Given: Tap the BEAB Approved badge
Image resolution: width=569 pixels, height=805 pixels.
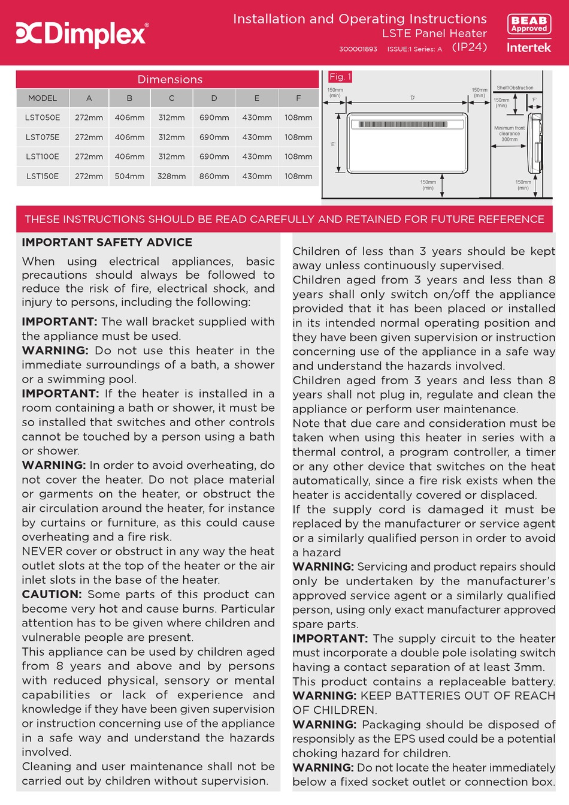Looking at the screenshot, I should pos(529,25).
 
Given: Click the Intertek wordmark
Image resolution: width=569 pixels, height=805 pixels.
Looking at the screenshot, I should pos(528,47).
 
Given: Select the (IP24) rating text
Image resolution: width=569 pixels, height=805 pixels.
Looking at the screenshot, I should pos(469,47).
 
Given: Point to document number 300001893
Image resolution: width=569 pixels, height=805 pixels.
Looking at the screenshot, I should pos(358,49).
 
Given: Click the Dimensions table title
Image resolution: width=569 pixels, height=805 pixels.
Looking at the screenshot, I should pos(170,79).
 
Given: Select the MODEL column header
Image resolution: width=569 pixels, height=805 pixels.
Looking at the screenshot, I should pos(43,98).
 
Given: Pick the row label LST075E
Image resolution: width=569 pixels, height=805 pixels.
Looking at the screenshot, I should pos(43,137).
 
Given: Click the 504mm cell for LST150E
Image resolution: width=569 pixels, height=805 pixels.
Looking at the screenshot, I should pos(129,176).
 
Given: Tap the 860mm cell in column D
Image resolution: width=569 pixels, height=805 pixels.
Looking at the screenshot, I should pos(214,176).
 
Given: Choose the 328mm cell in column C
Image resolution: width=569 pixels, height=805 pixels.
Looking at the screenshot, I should pos(171,176).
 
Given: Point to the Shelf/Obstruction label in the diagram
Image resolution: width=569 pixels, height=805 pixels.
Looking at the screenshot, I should pos(514,88).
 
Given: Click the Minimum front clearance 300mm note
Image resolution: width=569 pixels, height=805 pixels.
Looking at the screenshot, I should pos(509,134).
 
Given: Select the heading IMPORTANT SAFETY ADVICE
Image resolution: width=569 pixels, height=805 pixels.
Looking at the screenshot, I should pos(107,242).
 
